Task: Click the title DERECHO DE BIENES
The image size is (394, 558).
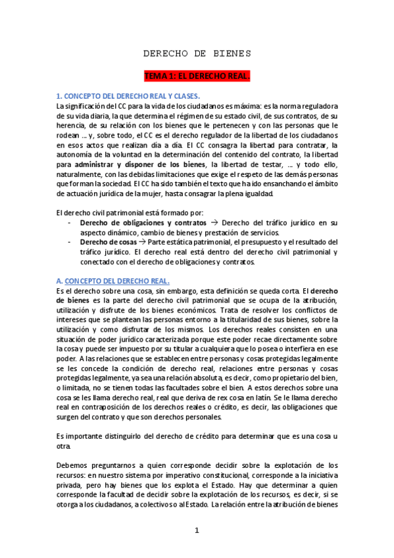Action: [x=197, y=53]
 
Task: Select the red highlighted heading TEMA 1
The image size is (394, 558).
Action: [x=197, y=76]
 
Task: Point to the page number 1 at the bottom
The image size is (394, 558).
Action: [x=196, y=531]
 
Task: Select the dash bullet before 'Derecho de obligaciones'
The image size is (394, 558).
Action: [x=70, y=223]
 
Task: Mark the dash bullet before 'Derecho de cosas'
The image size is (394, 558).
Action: [x=70, y=242]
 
